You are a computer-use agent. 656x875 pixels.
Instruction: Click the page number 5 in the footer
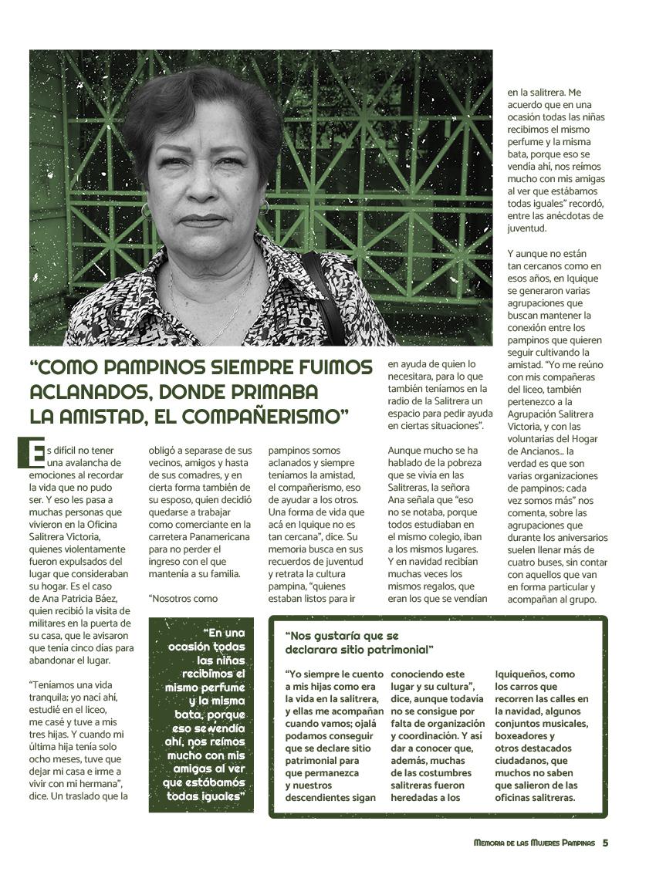point(606,843)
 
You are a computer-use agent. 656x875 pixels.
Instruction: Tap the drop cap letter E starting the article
point(31,453)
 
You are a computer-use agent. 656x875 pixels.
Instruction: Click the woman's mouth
point(202,221)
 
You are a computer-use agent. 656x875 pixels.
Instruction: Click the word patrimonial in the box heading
point(399,649)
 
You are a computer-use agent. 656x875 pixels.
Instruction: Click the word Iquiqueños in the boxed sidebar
point(525,674)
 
